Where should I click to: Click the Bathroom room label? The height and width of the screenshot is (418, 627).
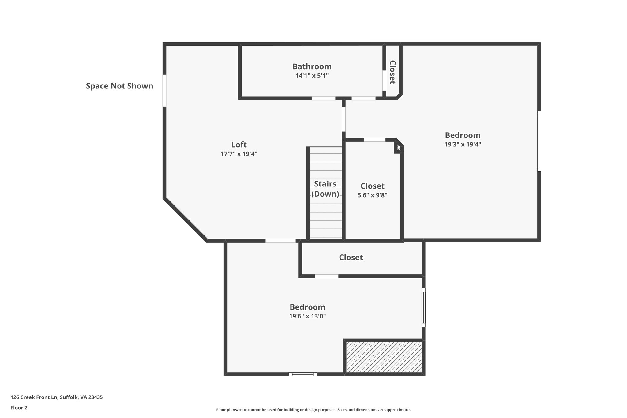(x=312, y=66)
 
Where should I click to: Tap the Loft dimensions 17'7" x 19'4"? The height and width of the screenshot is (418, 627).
(x=239, y=154)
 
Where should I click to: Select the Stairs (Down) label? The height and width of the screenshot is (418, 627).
(x=325, y=189)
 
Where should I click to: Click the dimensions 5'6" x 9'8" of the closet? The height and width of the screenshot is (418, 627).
(x=372, y=195)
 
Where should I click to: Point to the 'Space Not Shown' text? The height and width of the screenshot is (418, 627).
(x=119, y=86)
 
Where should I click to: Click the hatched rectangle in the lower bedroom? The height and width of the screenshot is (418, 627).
(x=384, y=357)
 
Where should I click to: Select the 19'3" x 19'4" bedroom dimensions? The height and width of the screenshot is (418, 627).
(x=463, y=144)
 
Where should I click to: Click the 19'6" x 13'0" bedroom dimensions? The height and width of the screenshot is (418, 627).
(x=307, y=316)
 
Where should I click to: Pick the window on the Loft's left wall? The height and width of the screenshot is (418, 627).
(x=164, y=91)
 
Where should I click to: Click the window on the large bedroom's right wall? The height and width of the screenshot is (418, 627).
(x=539, y=141)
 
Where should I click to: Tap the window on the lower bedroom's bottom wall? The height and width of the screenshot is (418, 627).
(x=303, y=374)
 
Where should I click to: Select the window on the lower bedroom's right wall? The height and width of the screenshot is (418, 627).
(x=423, y=307)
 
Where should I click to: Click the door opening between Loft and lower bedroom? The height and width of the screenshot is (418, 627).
(x=280, y=241)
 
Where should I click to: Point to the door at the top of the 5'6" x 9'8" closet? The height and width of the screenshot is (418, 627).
(x=374, y=140)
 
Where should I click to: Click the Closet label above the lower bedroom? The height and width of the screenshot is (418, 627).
(x=351, y=258)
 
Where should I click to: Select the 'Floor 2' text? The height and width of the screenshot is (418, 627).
(x=19, y=408)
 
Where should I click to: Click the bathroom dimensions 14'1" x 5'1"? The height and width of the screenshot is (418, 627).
(x=312, y=76)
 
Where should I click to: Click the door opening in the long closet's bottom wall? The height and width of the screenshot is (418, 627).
(x=326, y=276)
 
